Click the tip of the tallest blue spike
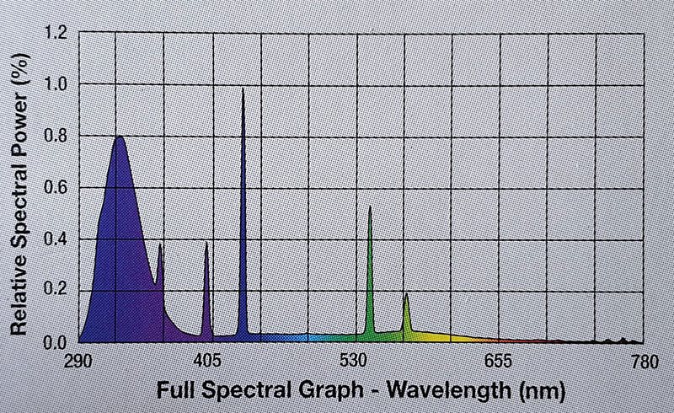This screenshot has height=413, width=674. (x=243, y=88)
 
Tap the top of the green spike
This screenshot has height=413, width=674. (x=370, y=207)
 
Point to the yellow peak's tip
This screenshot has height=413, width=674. (x=406, y=294)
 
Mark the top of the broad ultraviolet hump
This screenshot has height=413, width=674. (x=120, y=137)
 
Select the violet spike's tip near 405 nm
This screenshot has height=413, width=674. (x=206, y=244)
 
